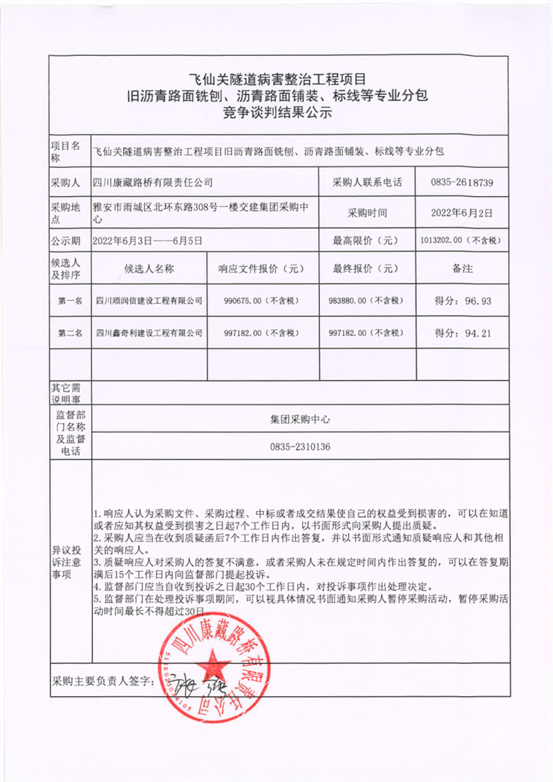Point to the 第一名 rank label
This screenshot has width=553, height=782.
71,301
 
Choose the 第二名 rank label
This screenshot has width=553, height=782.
71,333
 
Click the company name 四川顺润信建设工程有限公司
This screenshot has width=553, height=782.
149,301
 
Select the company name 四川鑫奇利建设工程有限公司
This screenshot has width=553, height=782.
149,333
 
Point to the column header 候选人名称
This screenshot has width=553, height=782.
149,269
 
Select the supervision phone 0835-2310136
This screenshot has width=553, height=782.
301,447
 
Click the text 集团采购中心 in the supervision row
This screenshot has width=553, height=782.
301,418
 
